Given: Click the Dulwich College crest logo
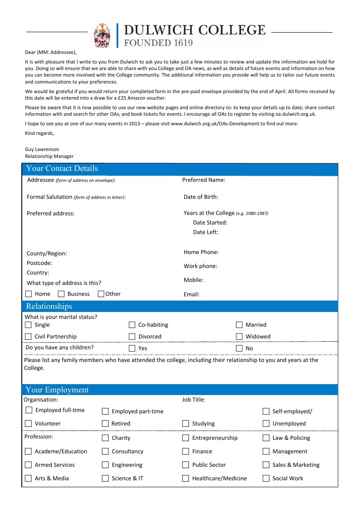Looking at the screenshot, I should (102, 35).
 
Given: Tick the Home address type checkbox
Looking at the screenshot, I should (29, 294).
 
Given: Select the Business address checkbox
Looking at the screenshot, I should (61, 294).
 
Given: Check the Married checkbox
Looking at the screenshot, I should (239, 325).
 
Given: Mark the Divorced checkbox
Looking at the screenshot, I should (132, 337).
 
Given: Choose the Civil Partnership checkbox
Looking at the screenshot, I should (28, 337).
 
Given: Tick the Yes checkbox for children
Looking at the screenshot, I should (132, 348).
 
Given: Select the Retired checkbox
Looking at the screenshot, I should (105, 424).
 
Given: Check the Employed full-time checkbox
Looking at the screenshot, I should (29, 410).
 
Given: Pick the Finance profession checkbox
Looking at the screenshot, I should (185, 452).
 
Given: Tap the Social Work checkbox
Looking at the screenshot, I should (266, 479).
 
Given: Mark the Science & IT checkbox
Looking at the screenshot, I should (105, 479).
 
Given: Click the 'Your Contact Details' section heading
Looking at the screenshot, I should (62, 169).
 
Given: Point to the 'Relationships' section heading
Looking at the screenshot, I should (49, 306).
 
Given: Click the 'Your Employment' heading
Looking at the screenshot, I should (57, 390).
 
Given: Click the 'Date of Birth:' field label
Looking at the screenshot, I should (201, 197).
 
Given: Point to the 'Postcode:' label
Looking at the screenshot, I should (39, 263).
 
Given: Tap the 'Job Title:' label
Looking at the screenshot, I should (194, 400).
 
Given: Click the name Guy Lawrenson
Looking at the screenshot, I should (42, 149).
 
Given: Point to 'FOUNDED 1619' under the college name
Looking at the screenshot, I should (158, 43).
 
